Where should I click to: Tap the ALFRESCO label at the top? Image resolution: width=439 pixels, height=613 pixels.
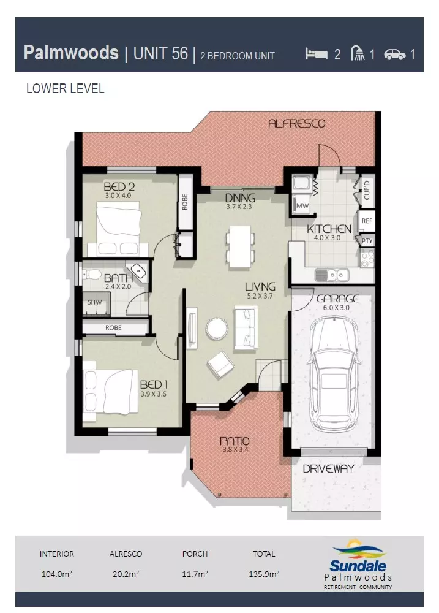point(296,123)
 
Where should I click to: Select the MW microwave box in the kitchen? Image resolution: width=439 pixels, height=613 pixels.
point(302,205)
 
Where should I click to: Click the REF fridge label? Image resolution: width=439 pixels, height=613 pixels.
point(367,221)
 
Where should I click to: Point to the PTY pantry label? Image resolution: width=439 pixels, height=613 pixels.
point(367,241)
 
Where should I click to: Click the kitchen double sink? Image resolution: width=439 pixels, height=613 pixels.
point(331,275)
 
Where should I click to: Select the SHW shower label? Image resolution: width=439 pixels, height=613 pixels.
point(94,302)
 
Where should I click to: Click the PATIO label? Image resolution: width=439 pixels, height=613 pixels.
point(235,441)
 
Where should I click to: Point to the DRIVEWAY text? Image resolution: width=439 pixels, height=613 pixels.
point(328,469)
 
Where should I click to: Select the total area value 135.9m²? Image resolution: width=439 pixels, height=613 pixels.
point(264,574)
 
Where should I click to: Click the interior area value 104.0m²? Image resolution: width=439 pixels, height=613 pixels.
point(56,574)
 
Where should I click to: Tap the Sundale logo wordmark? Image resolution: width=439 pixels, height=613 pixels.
point(358,566)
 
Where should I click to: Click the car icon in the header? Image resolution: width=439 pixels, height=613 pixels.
point(395,55)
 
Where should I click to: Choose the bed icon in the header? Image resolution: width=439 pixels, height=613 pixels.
point(317,54)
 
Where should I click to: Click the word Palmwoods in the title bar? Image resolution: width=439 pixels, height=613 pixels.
point(71,53)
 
